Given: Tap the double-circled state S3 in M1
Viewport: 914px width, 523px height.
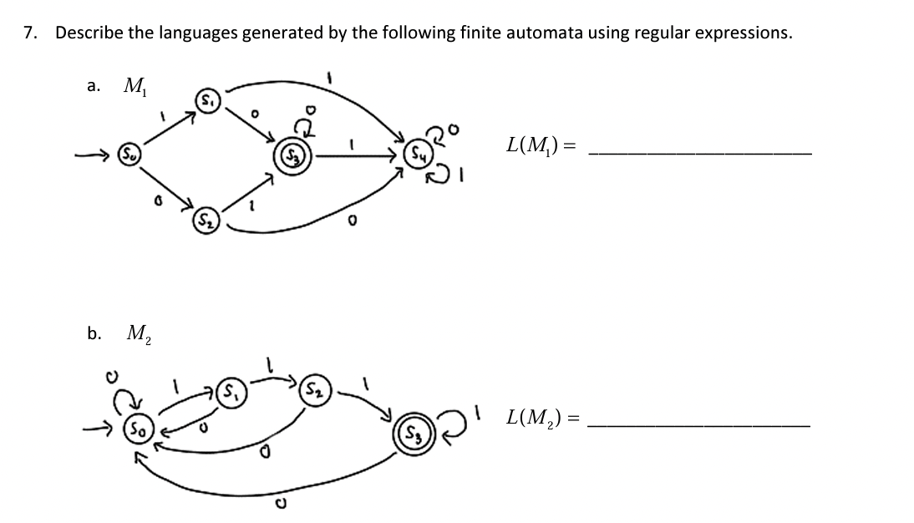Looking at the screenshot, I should (x=297, y=155).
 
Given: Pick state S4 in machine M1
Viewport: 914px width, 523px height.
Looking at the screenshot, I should (x=415, y=154).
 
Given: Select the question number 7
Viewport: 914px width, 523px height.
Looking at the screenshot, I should (x=30, y=33).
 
